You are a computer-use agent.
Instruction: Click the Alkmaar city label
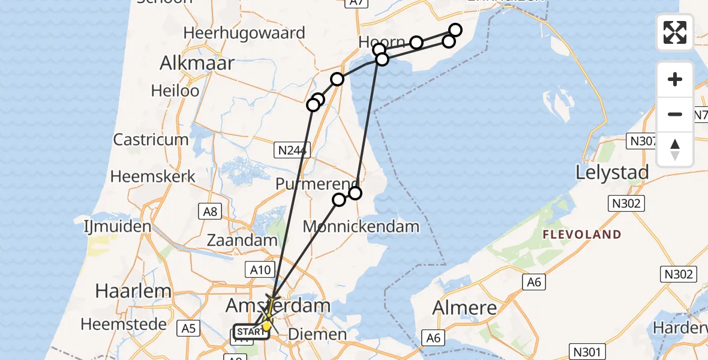click(x=197, y=62)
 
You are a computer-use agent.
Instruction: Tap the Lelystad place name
click(x=612, y=173)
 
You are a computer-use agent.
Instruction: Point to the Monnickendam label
click(x=361, y=226)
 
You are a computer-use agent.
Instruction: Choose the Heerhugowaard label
click(x=244, y=32)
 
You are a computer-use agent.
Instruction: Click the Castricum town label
click(x=151, y=140)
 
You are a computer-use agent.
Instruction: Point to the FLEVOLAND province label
click(x=581, y=235)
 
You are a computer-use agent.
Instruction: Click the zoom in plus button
click(x=675, y=79)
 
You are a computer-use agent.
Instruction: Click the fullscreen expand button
click(x=675, y=32)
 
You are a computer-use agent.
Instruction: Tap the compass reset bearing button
click(x=675, y=149)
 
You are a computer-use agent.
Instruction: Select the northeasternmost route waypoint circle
click(x=455, y=30)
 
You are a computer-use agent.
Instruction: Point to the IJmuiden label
click(x=118, y=227)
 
